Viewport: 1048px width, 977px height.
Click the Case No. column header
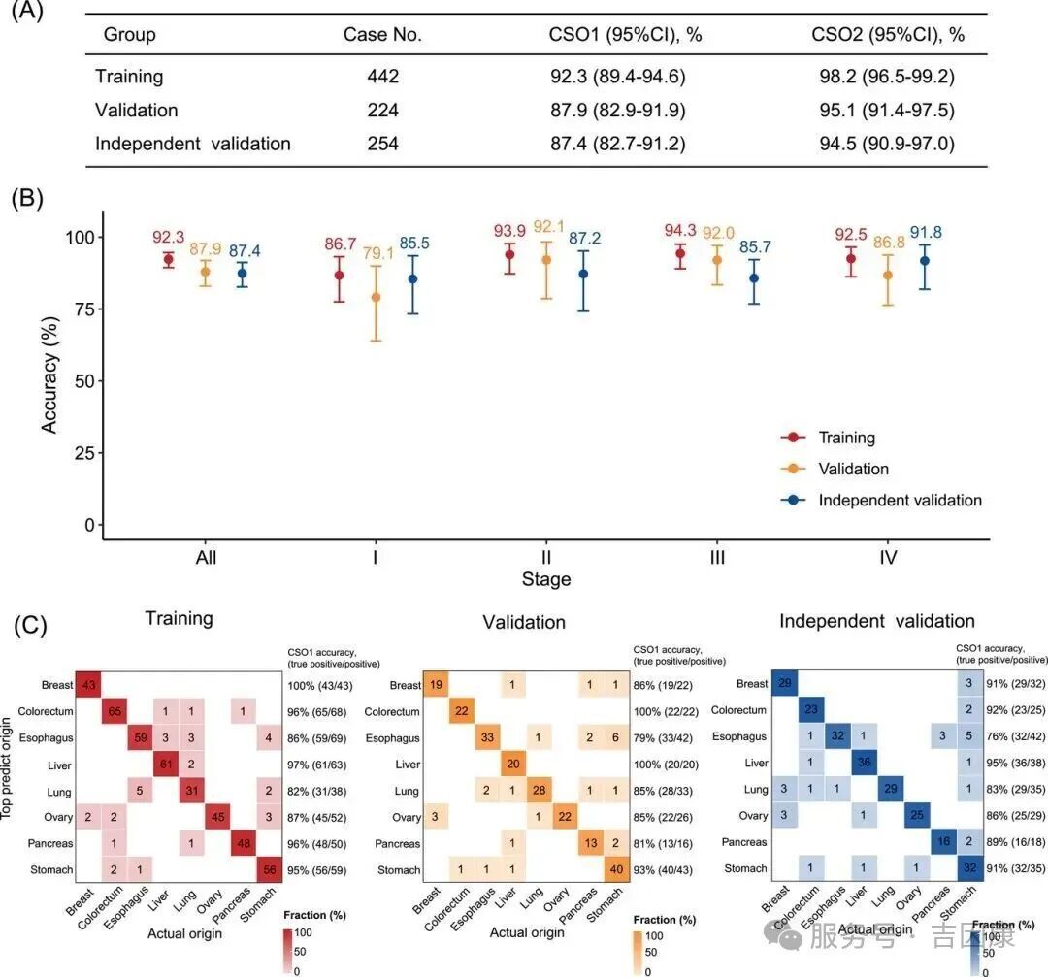point(382,35)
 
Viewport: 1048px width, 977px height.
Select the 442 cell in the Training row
point(382,76)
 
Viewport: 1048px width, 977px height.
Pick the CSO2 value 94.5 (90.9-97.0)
point(883,144)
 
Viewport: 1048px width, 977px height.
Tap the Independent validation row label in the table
point(192,144)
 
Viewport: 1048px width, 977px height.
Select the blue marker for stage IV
point(899,261)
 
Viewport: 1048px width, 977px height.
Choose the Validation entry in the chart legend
point(853,469)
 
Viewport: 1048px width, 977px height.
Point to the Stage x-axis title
point(546,580)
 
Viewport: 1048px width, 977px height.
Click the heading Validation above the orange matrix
point(524,622)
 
